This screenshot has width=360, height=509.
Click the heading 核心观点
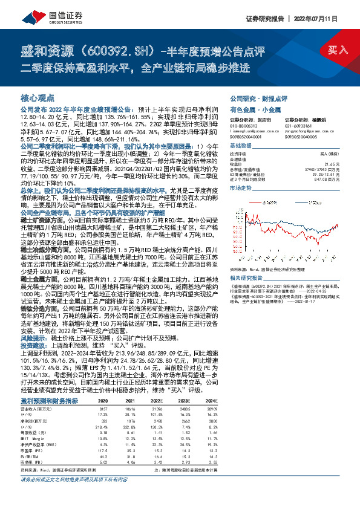coord(38,97)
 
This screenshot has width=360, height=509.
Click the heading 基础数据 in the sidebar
coord(240,146)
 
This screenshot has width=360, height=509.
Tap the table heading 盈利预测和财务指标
coord(49,400)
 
